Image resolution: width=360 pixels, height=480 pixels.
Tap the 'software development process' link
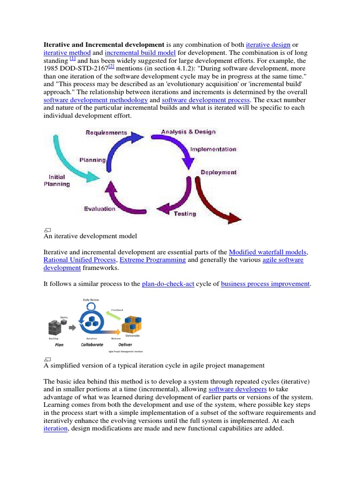[206, 100]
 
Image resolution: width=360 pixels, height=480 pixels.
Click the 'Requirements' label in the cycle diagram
[106, 133]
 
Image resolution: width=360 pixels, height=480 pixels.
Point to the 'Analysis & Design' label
[188, 132]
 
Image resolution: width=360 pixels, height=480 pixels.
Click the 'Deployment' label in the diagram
[218, 172]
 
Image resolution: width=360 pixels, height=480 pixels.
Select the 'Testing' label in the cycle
[185, 214]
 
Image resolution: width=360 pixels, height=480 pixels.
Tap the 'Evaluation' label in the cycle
[99, 209]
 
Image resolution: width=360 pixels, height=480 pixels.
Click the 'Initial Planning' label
[57, 180]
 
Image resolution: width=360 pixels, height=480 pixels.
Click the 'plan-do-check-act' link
[168, 284]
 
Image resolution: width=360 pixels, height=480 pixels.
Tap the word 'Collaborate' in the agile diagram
[92, 344]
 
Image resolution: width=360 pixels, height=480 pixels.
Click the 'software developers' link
[238, 389]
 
